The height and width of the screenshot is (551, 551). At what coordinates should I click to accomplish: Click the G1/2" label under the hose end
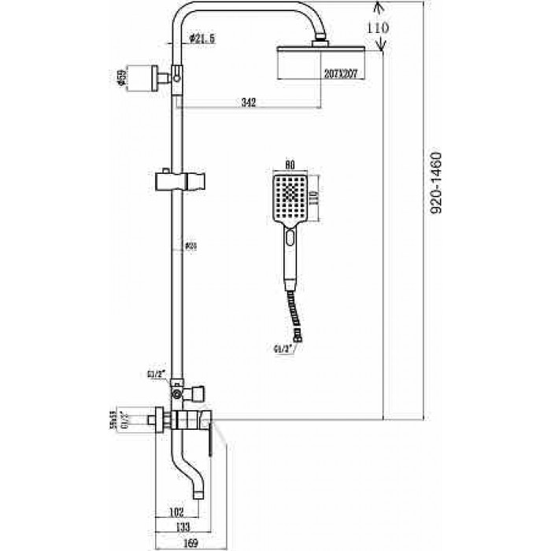pos(280,346)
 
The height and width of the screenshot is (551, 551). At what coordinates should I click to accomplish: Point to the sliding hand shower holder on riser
pos(180,180)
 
